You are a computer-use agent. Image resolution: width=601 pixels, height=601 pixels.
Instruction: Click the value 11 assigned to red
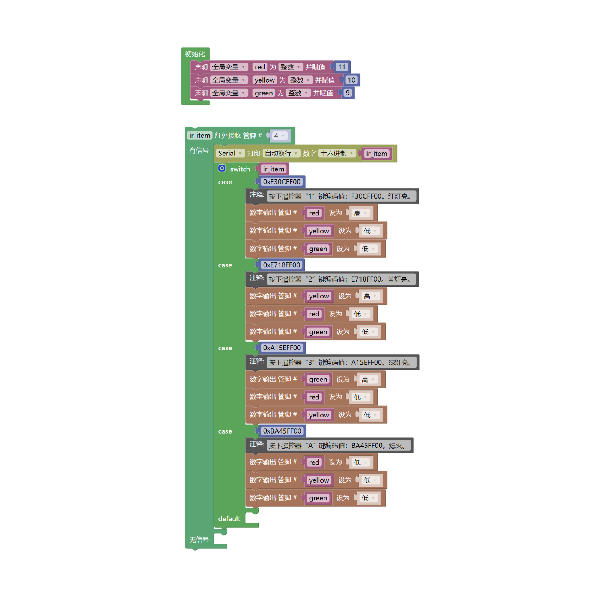tap(341, 67)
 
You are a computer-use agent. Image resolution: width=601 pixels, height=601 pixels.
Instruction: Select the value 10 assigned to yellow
tap(351, 80)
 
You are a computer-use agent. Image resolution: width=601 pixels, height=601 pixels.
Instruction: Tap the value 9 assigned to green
tap(348, 93)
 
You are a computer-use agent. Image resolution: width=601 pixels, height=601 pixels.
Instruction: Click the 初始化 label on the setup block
tap(195, 54)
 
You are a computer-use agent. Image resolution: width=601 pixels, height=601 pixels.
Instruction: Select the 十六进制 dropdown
tap(337, 153)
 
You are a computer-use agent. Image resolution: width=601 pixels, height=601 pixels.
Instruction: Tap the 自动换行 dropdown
tap(281, 153)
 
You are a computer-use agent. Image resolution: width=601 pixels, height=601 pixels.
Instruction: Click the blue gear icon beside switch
tap(222, 168)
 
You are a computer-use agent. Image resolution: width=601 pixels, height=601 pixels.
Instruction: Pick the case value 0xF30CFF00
tap(282, 182)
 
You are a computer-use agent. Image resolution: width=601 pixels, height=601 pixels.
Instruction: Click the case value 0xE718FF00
tap(281, 265)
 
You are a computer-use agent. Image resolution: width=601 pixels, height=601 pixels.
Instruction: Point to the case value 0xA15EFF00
tap(282, 348)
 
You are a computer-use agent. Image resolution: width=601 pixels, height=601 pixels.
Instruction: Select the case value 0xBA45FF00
tap(282, 431)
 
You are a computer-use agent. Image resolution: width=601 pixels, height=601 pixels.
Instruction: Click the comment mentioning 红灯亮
tap(341, 196)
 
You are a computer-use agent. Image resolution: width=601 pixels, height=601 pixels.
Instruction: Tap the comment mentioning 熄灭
tap(338, 446)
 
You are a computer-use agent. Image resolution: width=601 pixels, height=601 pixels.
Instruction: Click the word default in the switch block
tap(229, 518)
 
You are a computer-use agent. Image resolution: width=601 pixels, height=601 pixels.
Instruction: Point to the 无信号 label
tap(199, 540)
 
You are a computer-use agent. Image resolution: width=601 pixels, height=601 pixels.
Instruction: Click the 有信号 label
tap(199, 151)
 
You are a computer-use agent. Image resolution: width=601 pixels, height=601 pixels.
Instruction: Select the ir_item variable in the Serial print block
tap(376, 154)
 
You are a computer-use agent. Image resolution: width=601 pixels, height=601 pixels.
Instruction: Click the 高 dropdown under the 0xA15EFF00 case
tap(368, 380)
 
